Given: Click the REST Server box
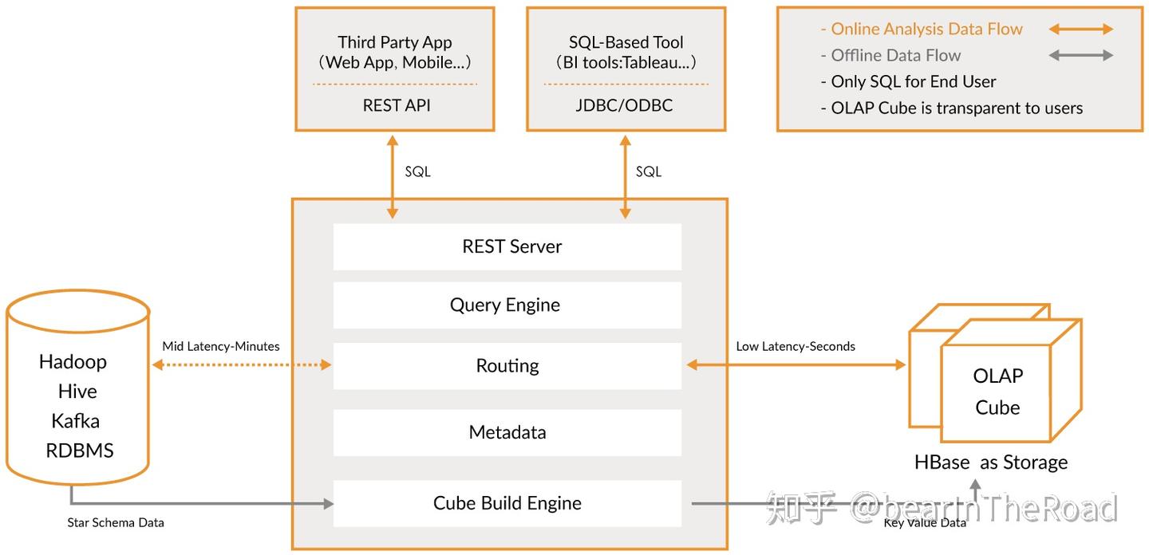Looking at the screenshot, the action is (x=507, y=246).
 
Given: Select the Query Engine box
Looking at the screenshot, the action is (x=507, y=305).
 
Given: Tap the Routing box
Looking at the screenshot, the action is (x=507, y=366).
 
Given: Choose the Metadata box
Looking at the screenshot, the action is (x=507, y=432).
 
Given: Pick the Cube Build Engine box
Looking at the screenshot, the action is (x=507, y=503).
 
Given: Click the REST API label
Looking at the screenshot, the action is (x=397, y=105).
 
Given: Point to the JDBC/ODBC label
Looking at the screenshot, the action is (x=624, y=105).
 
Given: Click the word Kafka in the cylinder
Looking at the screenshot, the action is (x=75, y=421).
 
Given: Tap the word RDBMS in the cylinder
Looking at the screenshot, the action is (x=80, y=451).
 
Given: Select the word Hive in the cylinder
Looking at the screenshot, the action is (x=77, y=392).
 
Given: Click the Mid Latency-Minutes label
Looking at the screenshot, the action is (x=221, y=346).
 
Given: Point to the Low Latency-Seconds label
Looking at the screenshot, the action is (x=796, y=346).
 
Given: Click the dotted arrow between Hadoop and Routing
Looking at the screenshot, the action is (x=242, y=365).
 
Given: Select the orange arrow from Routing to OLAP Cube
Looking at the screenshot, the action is (x=796, y=365).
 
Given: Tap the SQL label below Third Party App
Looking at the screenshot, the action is (x=417, y=171).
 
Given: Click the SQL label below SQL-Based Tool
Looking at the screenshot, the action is (x=649, y=171).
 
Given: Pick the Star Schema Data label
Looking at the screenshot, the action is (x=116, y=523).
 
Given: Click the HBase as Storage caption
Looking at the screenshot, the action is (x=991, y=462).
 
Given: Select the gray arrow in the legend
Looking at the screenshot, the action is (x=1080, y=55).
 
